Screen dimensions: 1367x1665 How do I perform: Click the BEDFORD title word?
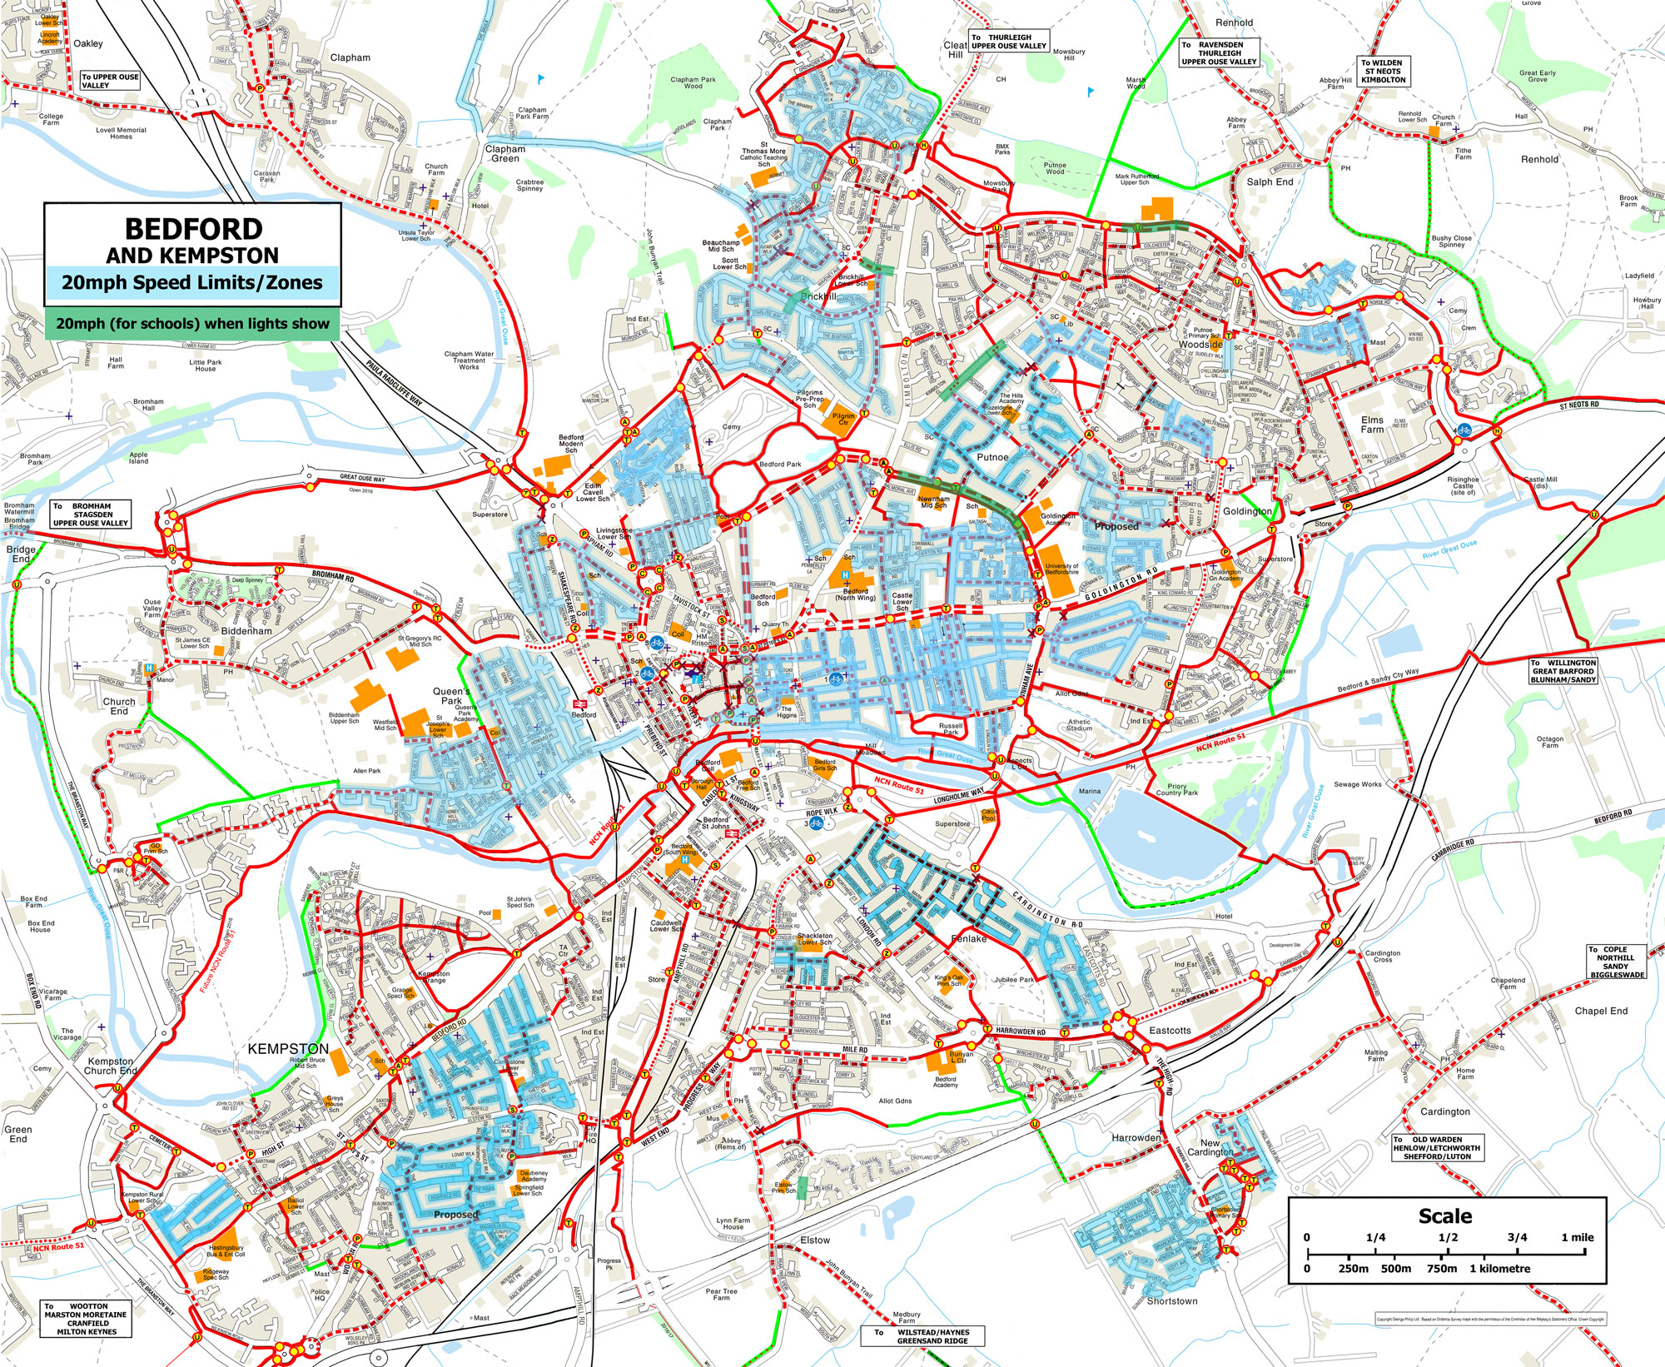pyautogui.click(x=193, y=230)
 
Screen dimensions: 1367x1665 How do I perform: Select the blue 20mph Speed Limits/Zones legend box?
pyautogui.click(x=192, y=282)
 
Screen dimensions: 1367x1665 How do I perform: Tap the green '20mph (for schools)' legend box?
pyautogui.click(x=192, y=323)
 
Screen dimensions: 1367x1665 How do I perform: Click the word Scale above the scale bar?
pyautogui.click(x=1445, y=1216)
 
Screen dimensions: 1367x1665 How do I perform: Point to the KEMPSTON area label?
pyautogui.click(x=288, y=1048)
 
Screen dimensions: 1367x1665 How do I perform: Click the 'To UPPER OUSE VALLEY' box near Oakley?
pyautogui.click(x=110, y=81)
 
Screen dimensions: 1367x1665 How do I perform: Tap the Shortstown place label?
pyautogui.click(x=1171, y=1300)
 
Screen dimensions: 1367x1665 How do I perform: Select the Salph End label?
pyautogui.click(x=1270, y=181)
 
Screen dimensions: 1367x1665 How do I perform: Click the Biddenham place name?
pyautogui.click(x=246, y=631)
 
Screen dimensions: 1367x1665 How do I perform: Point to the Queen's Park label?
pyautogui.click(x=452, y=696)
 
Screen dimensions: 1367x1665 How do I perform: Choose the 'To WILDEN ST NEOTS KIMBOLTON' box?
pyautogui.click(x=1383, y=72)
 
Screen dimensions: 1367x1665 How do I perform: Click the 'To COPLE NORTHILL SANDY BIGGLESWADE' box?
pyautogui.click(x=1615, y=962)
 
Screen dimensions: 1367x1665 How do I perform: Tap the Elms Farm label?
pyautogui.click(x=1372, y=425)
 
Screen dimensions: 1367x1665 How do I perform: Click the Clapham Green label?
pyautogui.click(x=505, y=153)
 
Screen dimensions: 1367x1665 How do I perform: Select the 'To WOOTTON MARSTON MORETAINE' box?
pyautogui.click(x=87, y=1319)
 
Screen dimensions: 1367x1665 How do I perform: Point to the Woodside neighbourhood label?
pyautogui.click(x=1200, y=344)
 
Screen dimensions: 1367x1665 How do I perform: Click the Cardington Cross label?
pyautogui.click(x=1383, y=957)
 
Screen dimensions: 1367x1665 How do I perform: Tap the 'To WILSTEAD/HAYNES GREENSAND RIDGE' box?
pyautogui.click(x=922, y=1336)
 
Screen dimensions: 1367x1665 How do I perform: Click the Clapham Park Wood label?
pyautogui.click(x=693, y=82)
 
